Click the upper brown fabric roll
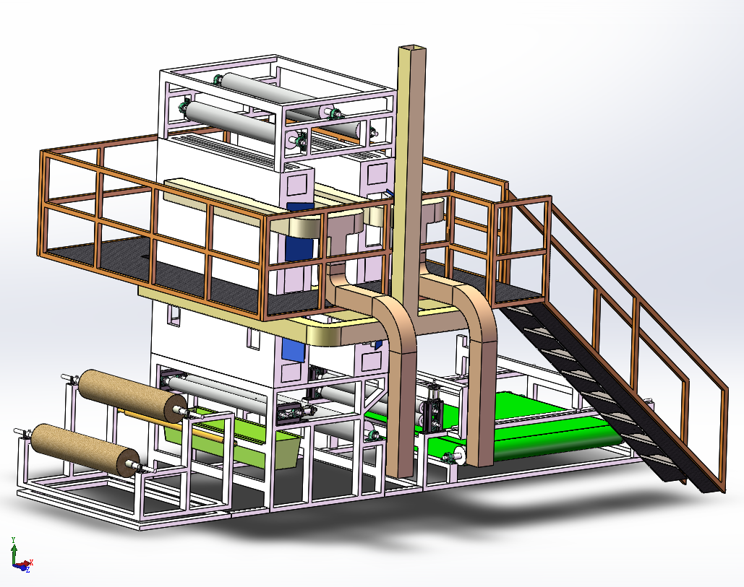[132, 396]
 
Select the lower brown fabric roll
[85, 448]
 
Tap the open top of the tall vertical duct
[412, 48]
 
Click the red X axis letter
[31, 562]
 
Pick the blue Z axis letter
[28, 570]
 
